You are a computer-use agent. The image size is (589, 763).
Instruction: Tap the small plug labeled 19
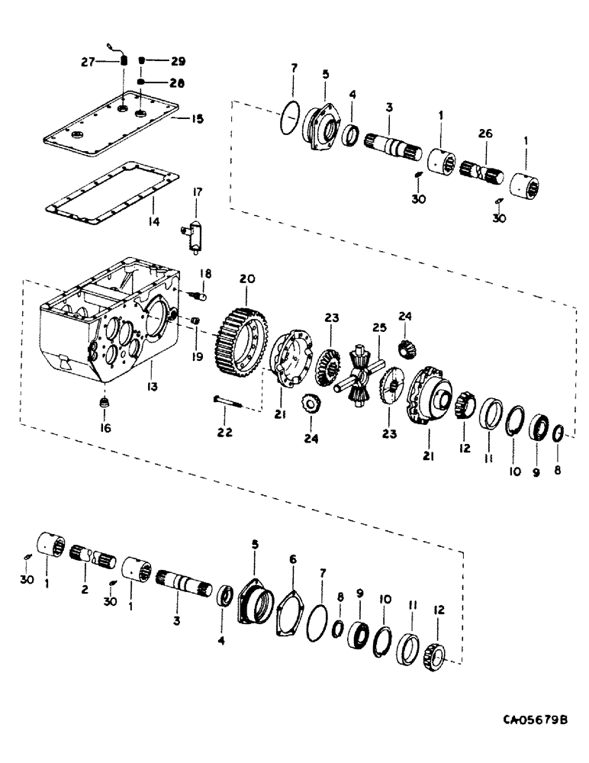195,320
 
